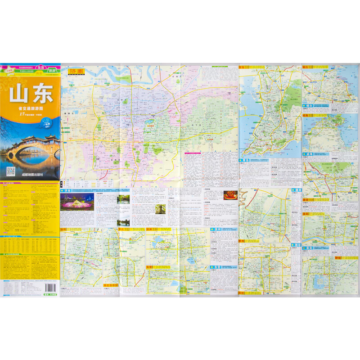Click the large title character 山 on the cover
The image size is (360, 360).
20,94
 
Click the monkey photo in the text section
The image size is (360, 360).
161,209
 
